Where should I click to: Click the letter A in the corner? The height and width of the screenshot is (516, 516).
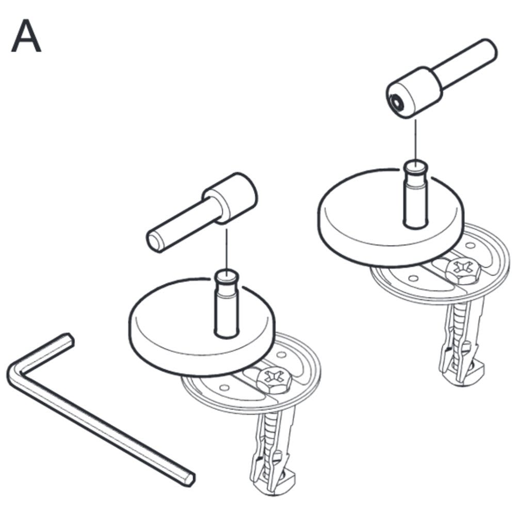[26, 36]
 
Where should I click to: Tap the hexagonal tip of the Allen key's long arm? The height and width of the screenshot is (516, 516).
[188, 479]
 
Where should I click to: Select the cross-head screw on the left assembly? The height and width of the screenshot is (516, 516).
[274, 379]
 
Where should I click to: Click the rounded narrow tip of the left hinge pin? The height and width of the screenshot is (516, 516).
[155, 241]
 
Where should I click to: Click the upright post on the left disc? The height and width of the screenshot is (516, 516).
[227, 303]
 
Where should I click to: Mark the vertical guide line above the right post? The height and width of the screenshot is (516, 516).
[415, 140]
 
